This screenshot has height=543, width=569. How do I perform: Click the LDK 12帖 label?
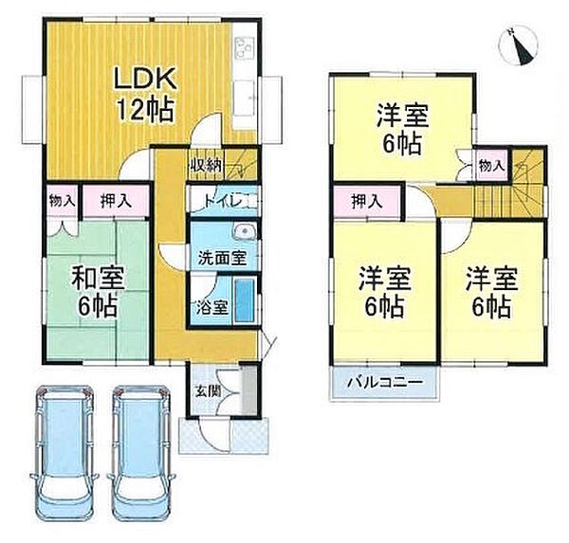click(143, 91)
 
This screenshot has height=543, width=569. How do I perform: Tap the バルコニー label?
click(377, 384)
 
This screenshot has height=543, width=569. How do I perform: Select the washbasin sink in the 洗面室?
click(244, 232)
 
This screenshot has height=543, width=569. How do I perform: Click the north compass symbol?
click(518, 42)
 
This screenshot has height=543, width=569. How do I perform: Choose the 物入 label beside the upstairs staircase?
click(491, 166)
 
